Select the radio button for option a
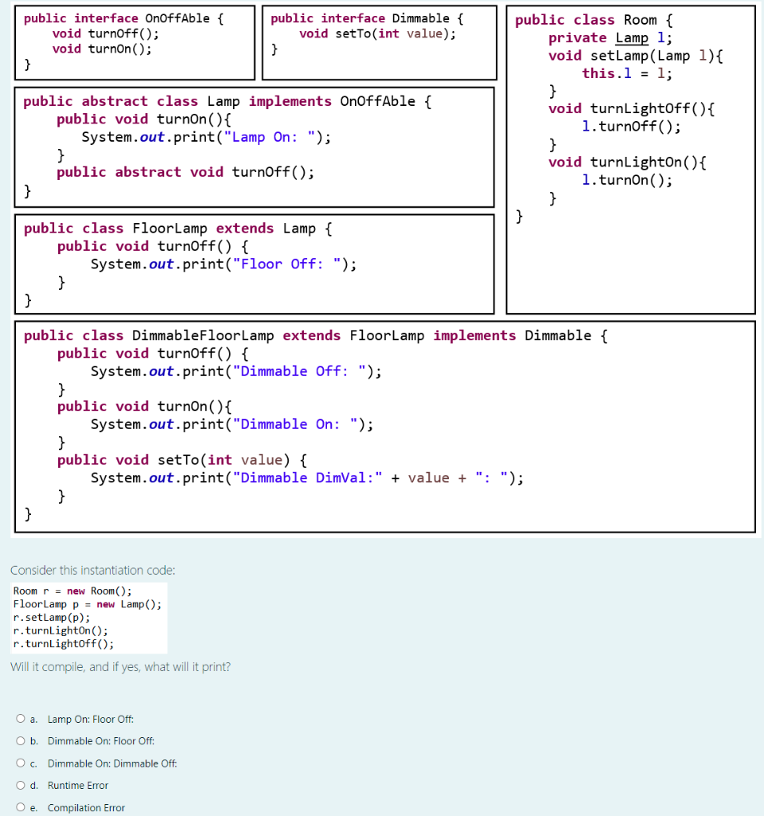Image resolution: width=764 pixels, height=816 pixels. [21, 719]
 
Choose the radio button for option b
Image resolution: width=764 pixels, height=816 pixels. [21, 741]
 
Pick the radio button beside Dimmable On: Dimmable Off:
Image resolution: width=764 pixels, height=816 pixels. [21, 763]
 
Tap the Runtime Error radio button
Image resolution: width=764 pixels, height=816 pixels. [21, 786]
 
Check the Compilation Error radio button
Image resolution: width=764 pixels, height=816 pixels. [21, 808]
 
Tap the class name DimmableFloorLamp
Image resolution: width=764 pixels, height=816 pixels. [203, 335]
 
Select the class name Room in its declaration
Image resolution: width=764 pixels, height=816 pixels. [640, 20]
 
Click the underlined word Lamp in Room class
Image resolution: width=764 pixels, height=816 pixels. [632, 38]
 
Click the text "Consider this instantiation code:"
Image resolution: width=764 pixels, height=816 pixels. [93, 571]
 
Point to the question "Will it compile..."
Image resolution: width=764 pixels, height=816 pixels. [120, 667]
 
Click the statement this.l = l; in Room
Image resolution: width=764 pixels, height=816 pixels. [627, 73]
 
